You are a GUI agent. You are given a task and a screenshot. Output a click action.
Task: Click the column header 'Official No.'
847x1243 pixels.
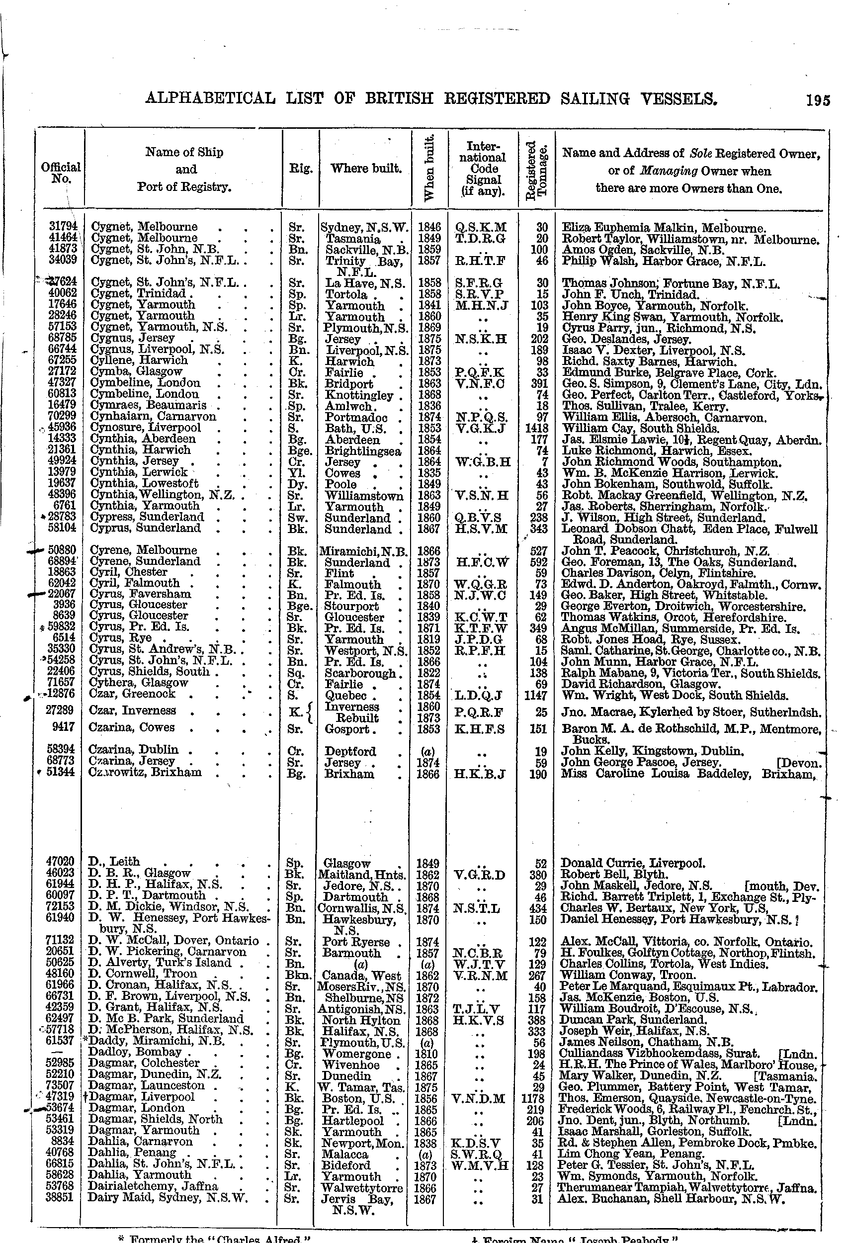point(61,172)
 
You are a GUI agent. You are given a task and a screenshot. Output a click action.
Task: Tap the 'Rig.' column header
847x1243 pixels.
point(301,169)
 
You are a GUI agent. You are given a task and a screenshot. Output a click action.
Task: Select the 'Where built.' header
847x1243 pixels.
point(366,169)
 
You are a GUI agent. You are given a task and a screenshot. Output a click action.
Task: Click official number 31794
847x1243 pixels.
point(63,227)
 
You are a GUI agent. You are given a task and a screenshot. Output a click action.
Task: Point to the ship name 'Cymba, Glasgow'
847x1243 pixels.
point(136,371)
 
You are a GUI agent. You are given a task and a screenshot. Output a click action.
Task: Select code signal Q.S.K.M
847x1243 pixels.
point(481,227)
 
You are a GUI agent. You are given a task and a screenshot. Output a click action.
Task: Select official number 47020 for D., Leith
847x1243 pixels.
point(61,861)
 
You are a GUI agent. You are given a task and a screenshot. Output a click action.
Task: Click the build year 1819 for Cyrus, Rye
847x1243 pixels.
point(428,639)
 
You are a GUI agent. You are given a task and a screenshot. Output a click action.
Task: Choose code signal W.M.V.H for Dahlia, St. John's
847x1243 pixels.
point(480,1165)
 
